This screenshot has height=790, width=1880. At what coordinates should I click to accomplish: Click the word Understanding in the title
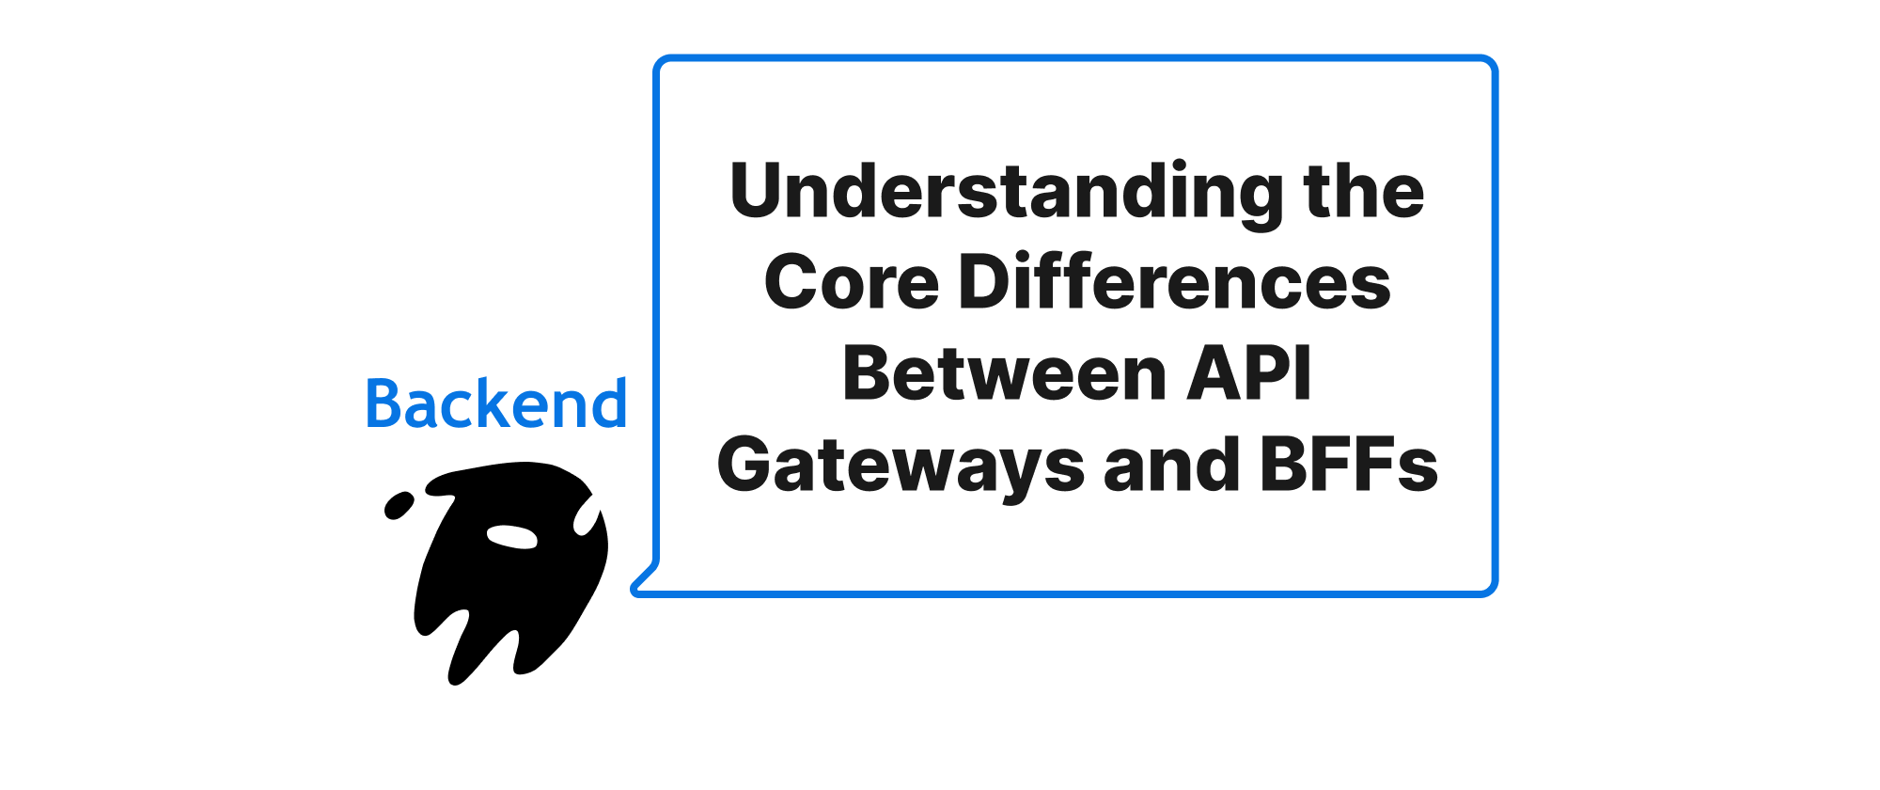1007,192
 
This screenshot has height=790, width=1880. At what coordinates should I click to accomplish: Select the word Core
852,282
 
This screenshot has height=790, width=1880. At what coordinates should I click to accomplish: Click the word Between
1004,374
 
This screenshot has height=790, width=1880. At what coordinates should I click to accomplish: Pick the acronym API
1249,374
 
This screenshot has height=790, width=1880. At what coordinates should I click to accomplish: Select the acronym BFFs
1349,466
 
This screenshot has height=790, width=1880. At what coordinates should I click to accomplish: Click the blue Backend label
495,404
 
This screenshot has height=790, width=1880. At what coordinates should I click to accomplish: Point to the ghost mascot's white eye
511,536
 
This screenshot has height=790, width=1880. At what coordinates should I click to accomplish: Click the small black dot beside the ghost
399,506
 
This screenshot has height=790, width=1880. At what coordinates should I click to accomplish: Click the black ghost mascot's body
508,592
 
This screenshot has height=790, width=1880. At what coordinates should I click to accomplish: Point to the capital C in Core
792,282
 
